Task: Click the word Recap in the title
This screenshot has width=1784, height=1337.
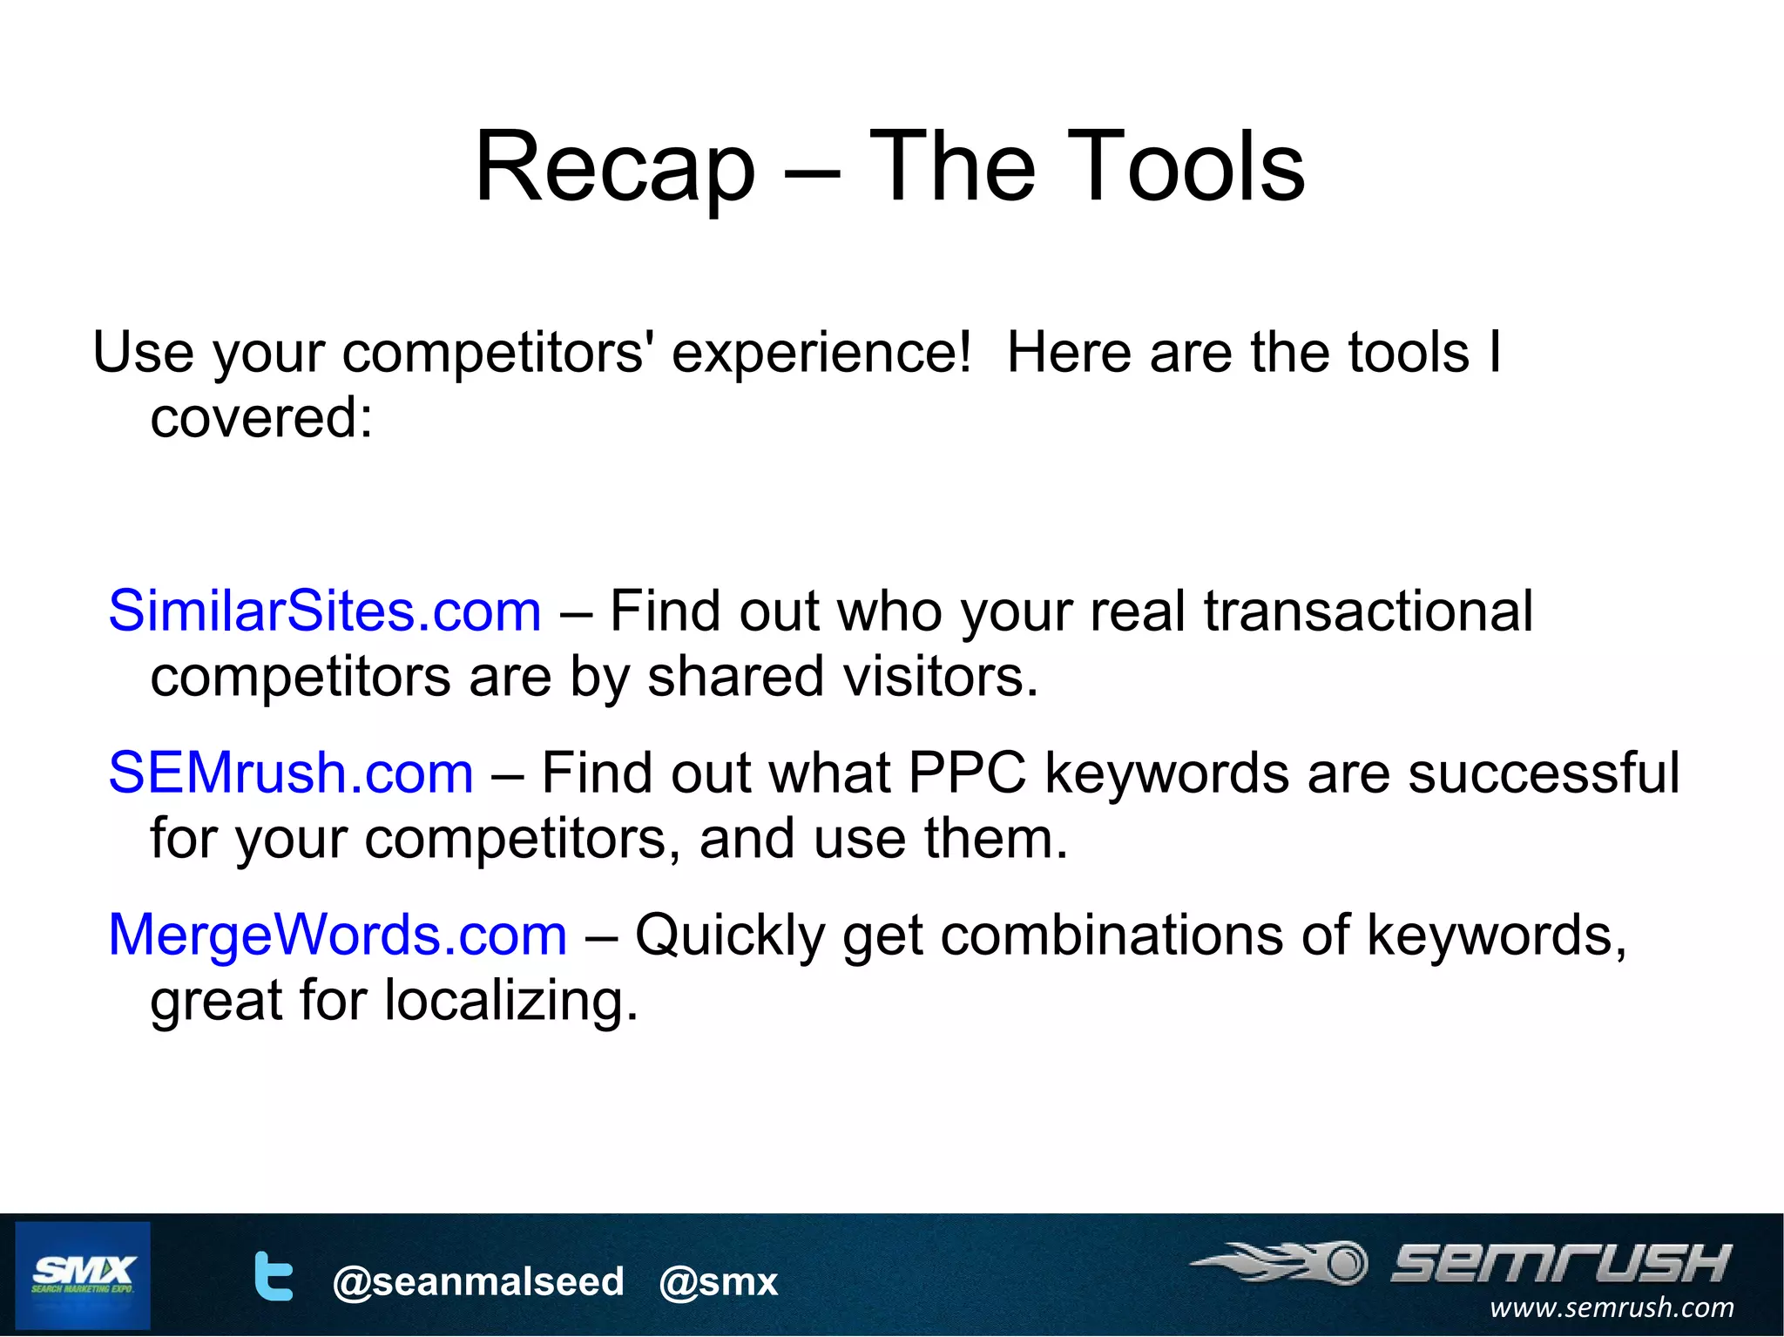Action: [614, 167]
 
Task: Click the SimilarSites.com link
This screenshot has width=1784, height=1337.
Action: [324, 611]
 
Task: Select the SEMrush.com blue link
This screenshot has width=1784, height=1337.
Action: [290, 773]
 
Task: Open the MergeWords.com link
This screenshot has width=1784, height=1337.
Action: [337, 935]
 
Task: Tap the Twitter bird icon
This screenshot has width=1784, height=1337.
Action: [273, 1277]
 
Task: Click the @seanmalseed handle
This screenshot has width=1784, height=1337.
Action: [478, 1281]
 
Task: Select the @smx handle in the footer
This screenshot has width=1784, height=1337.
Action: [719, 1281]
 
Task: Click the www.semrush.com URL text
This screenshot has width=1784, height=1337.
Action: [1611, 1307]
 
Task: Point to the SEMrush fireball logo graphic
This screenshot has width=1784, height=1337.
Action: [1281, 1263]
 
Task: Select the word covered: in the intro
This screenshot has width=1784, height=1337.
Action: [261, 417]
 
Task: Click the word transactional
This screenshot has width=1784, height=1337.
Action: [1368, 611]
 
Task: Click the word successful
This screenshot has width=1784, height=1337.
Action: [1543, 773]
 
